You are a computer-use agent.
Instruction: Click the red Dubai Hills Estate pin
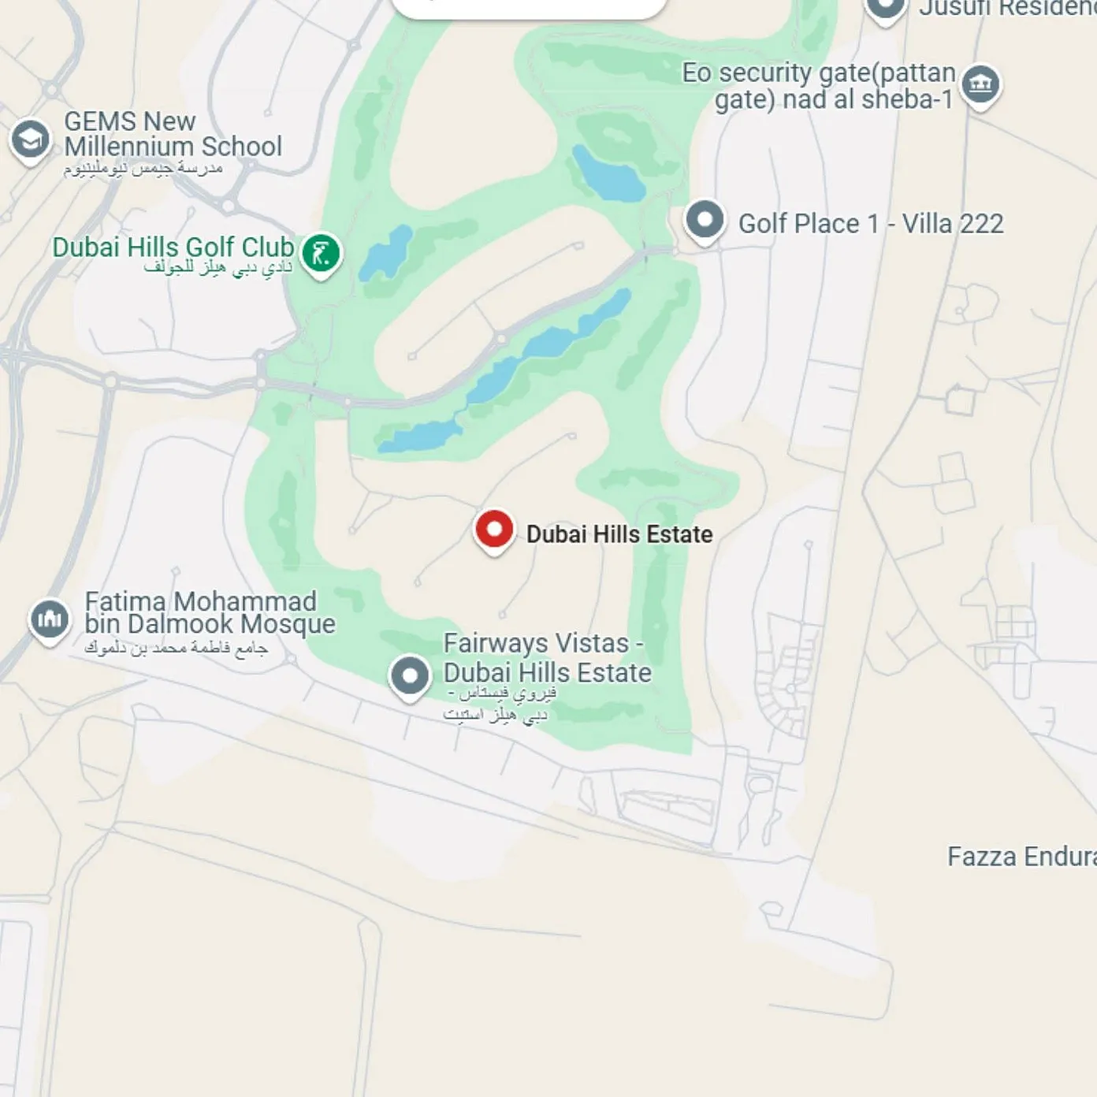point(494,530)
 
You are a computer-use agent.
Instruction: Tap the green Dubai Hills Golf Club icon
point(321,254)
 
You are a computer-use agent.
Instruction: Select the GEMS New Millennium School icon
point(30,139)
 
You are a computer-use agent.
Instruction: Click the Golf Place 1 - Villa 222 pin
point(705,220)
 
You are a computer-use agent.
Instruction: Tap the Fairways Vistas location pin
point(410,675)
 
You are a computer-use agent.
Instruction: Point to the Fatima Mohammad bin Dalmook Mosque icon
point(49,619)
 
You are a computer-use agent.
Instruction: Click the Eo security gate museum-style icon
point(980,84)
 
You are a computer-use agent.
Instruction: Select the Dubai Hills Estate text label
point(619,534)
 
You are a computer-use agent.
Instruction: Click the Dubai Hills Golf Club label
point(173,247)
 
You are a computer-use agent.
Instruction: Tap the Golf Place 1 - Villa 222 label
point(871,224)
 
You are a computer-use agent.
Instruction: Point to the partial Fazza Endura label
point(1021,857)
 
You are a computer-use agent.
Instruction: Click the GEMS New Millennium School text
point(173,134)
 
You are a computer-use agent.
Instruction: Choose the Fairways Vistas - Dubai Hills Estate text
point(547,658)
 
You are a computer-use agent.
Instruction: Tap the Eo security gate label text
point(820,86)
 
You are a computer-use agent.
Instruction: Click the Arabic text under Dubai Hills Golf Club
point(218,268)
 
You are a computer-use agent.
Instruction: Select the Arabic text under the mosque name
point(176,648)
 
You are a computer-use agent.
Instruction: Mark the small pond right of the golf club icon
point(386,251)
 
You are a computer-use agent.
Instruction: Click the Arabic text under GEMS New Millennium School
point(143,168)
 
